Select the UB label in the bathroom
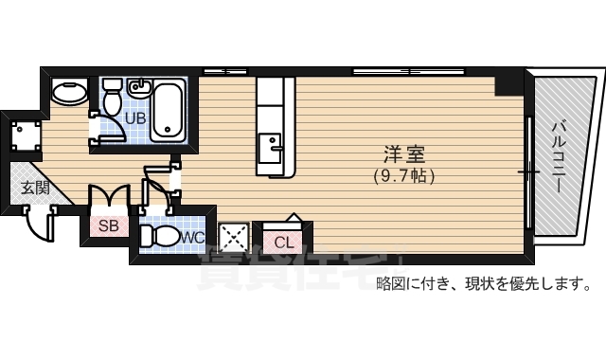click(x=134, y=118)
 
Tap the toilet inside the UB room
click(x=112, y=95)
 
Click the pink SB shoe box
click(x=108, y=225)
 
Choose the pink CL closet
click(x=283, y=241)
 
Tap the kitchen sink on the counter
click(x=274, y=145)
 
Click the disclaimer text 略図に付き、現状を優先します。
click(x=484, y=282)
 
